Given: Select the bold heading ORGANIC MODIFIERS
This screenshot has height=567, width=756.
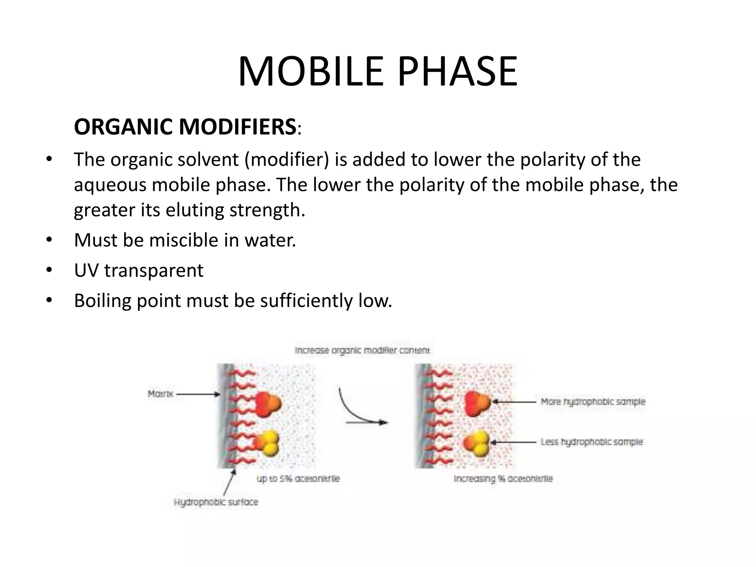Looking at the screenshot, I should pyautogui.click(x=185, y=127).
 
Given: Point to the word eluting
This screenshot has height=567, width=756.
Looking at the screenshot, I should pyautogui.click(x=195, y=210).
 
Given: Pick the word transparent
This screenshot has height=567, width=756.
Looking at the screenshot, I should pyautogui.click(x=154, y=271).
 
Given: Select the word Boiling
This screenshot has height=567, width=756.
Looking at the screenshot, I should pyautogui.click(x=102, y=301).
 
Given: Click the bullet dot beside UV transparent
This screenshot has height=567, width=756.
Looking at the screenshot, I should pyautogui.click(x=49, y=271).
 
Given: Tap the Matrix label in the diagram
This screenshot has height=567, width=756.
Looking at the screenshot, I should pyautogui.click(x=160, y=394).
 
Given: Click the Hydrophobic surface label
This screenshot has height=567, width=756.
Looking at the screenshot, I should pyautogui.click(x=216, y=502).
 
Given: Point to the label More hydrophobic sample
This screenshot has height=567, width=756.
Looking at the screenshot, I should pyautogui.click(x=593, y=402).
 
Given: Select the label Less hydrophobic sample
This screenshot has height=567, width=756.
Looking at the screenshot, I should pyautogui.click(x=591, y=442).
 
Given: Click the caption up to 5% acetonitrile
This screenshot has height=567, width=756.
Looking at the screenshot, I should pyautogui.click(x=298, y=479).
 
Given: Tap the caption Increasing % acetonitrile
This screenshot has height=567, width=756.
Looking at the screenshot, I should pyautogui.click(x=503, y=479).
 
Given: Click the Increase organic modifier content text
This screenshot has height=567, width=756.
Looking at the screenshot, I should pyautogui.click(x=362, y=350).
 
